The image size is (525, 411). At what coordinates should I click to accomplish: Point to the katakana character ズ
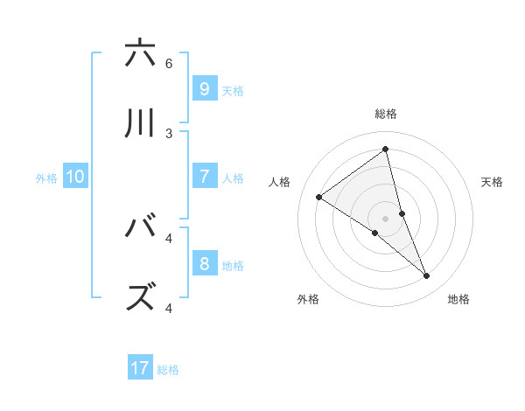[x=140, y=297]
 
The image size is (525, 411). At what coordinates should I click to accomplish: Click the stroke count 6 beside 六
[x=169, y=64]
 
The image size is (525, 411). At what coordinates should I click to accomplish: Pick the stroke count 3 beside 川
[x=169, y=133]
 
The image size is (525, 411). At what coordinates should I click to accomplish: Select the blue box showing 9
[x=204, y=88]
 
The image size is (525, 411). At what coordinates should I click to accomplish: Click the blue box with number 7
[x=204, y=177]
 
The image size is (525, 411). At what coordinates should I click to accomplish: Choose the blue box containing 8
[x=204, y=263]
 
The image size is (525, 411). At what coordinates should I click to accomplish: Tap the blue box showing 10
[x=75, y=177]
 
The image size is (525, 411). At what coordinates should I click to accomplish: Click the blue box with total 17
[x=140, y=368]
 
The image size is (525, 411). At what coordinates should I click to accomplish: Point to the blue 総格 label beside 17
[x=168, y=370]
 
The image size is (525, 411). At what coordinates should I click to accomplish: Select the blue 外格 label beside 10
[x=46, y=178]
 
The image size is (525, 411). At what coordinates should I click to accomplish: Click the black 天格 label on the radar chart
[x=492, y=182]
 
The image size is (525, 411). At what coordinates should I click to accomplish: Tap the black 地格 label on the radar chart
[x=458, y=299]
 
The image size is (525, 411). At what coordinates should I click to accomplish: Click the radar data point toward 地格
[x=427, y=276]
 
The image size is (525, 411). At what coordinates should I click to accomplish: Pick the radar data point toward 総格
[x=386, y=149]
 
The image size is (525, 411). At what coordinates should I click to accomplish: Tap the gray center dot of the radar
[x=386, y=218]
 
